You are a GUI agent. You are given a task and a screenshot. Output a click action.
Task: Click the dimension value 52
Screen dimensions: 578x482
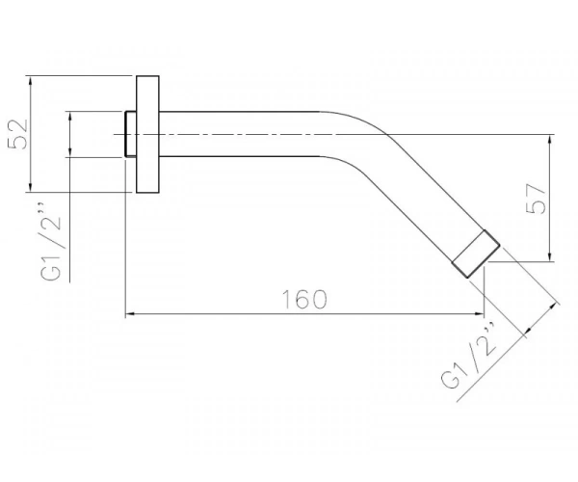coord(18,134)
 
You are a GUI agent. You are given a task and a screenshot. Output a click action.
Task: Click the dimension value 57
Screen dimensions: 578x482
coord(536,199)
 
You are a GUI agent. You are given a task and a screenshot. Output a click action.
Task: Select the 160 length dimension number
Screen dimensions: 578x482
coord(304,299)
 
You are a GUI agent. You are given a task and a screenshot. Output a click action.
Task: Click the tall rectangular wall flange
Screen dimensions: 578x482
coord(147,134)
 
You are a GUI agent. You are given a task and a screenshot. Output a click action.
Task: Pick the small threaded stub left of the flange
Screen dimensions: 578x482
coord(130,134)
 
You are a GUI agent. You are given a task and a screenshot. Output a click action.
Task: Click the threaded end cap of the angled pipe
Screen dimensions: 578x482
coord(476,254)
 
